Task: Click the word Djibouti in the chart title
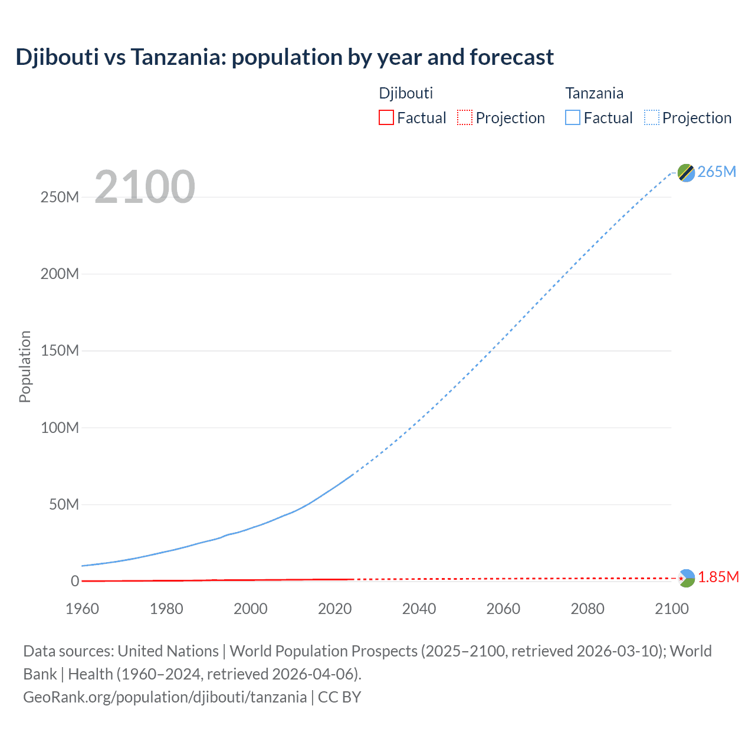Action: [x=57, y=57]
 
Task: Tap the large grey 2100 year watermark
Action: [x=145, y=187]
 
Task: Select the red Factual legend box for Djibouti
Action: [x=386, y=117]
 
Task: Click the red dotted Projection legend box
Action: [x=465, y=117]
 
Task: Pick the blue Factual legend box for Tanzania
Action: [x=572, y=117]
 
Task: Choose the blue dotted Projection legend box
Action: [x=651, y=117]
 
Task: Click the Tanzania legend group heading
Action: [x=594, y=93]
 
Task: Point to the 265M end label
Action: [x=717, y=172]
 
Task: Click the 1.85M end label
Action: [x=718, y=577]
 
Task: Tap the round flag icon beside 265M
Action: [x=686, y=173]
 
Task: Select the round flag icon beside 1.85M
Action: [x=686, y=578]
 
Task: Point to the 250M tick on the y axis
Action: [x=60, y=197]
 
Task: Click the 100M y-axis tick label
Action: [x=60, y=428]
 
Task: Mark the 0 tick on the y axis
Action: [x=75, y=581]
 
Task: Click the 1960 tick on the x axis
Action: [x=82, y=609]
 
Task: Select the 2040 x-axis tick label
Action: [x=419, y=609]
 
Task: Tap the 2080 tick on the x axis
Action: [x=587, y=609]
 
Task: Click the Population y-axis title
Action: [x=25, y=366]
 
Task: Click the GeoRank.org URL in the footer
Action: [x=165, y=697]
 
